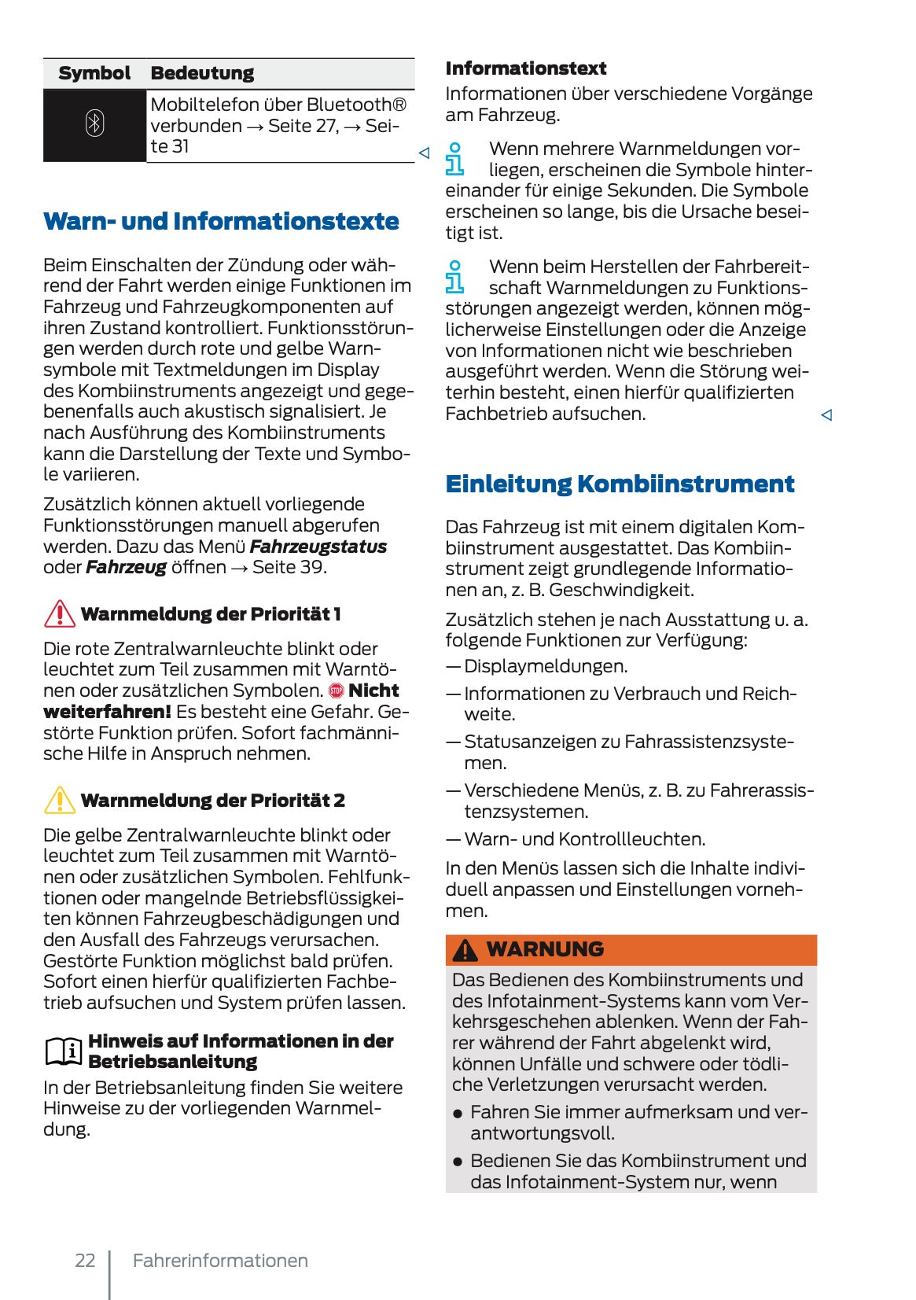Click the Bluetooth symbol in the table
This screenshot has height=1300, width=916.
click(x=94, y=124)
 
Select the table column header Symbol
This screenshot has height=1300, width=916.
click(x=94, y=73)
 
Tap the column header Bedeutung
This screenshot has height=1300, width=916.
click(x=202, y=73)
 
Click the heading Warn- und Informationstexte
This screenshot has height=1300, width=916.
click(x=221, y=221)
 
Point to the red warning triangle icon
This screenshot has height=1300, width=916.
click(x=60, y=613)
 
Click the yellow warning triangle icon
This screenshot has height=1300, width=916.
click(x=60, y=800)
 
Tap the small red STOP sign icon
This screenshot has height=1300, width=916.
click(x=337, y=691)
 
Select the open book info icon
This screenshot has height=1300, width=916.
click(x=63, y=1051)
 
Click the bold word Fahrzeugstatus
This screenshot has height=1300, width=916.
click(x=318, y=547)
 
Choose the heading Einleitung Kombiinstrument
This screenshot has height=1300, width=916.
click(x=620, y=483)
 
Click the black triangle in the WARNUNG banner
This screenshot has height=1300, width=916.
click(x=465, y=950)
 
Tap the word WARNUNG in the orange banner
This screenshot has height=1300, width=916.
click(x=545, y=949)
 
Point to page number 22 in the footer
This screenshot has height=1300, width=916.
click(x=85, y=1261)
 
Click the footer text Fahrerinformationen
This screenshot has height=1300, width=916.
click(x=220, y=1261)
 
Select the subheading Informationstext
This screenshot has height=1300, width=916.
click(x=525, y=68)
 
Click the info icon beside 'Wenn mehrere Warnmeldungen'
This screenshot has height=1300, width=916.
click(x=454, y=158)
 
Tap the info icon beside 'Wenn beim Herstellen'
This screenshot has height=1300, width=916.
click(x=454, y=277)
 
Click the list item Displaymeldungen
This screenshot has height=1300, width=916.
click(x=545, y=666)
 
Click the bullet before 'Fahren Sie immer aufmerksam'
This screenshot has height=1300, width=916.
click(x=458, y=1114)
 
